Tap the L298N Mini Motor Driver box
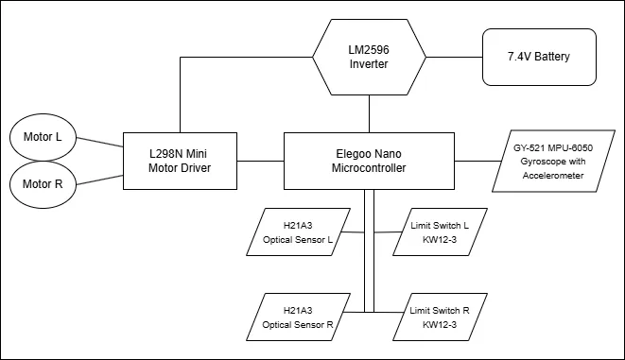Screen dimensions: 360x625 [x=180, y=160]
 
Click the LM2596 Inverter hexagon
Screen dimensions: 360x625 [x=369, y=57]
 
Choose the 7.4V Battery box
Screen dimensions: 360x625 [x=540, y=58]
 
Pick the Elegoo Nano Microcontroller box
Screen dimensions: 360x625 [x=369, y=160]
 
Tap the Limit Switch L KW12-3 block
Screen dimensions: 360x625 [x=439, y=233]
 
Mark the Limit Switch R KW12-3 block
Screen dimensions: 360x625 [x=439, y=317]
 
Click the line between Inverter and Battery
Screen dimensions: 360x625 [x=452, y=58]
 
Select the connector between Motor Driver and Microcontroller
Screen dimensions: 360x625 [x=260, y=160]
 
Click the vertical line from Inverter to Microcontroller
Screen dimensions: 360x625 [x=369, y=113]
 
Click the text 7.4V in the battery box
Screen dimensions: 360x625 [x=516, y=58]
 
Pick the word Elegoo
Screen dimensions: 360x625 [x=346, y=152]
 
